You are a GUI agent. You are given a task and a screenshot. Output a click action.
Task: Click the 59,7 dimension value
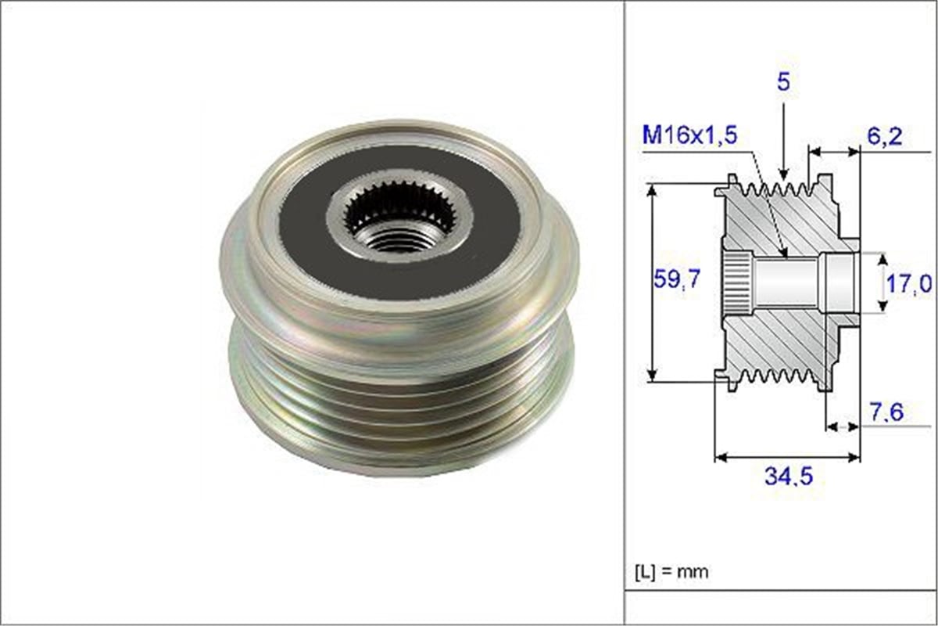coord(677,279)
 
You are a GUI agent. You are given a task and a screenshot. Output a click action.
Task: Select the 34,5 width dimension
coord(789,476)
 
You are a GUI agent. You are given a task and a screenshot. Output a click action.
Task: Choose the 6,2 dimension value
coord(884,136)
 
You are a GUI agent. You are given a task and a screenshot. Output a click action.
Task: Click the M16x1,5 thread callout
coord(689,135)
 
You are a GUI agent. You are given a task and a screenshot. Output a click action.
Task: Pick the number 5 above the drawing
coord(783,82)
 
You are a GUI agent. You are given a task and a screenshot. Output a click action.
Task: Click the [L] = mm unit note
coord(671,572)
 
